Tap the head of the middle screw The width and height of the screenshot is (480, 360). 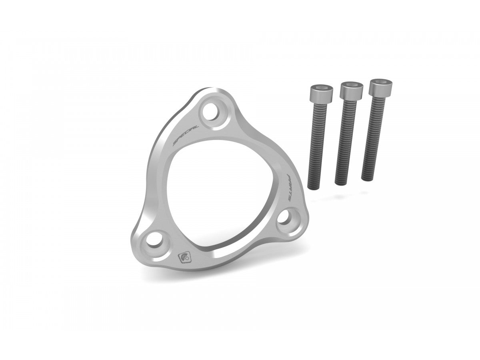351,90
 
